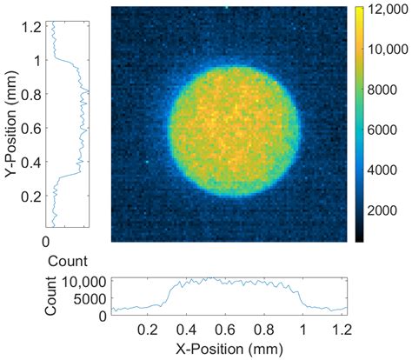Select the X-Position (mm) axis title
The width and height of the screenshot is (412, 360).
tap(225, 350)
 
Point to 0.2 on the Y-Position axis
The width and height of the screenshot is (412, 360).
tap(33, 197)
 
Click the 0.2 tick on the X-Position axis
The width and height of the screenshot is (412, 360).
tap(147, 331)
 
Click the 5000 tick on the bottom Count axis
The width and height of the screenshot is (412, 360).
tap(84, 297)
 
